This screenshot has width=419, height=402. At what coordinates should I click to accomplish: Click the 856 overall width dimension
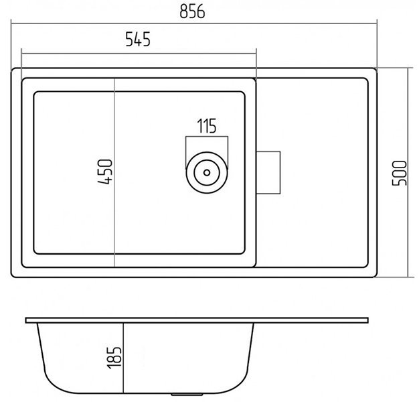pos(192,12)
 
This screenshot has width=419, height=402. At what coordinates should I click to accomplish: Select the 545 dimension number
pos(138,40)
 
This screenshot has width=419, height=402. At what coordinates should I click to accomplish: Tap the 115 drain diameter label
pos(207,126)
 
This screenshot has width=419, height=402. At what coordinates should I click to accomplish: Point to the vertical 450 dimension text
pos(105,172)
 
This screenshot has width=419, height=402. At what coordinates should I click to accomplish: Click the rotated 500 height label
pos(399,173)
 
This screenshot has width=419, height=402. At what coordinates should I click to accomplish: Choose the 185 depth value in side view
pos(114,358)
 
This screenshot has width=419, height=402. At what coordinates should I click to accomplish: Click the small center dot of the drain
pos(207,172)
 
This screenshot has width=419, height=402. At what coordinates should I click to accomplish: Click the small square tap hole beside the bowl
pos(268,172)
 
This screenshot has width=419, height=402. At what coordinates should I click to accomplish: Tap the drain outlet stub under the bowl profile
pos(187,394)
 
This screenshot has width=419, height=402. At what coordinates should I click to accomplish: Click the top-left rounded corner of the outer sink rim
pos(13,70)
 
